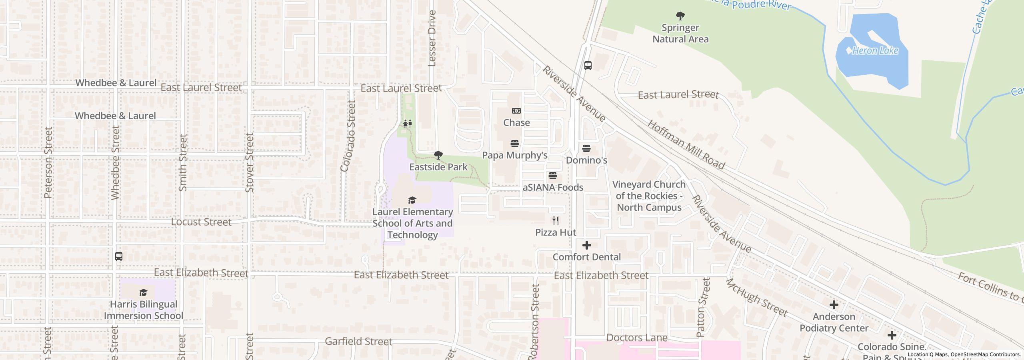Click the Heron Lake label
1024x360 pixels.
tap(875, 51)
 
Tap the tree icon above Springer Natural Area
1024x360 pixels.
tap(680, 16)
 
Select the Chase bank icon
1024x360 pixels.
tap(516, 111)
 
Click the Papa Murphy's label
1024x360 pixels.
tap(514, 155)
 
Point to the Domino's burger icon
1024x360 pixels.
tap(586, 148)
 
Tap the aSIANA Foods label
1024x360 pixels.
tap(553, 187)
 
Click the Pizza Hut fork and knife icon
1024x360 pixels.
tap(556, 221)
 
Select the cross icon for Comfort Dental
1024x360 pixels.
tap(587, 245)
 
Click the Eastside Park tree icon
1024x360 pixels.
tap(438, 155)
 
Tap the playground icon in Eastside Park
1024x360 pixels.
tap(408, 124)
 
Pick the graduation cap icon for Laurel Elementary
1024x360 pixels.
tap(412, 200)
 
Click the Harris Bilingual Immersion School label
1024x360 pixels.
tap(144, 310)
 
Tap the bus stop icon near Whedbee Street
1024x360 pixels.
tap(119, 256)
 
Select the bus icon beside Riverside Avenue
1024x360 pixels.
tap(588, 66)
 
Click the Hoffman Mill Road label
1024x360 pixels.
tap(686, 145)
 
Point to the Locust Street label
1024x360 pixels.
tap(201, 222)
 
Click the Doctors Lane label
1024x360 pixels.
tap(637, 338)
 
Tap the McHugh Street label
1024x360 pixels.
tap(756, 298)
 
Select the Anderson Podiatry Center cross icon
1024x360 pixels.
tap(834, 305)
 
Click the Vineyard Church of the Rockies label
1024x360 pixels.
tap(649, 196)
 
